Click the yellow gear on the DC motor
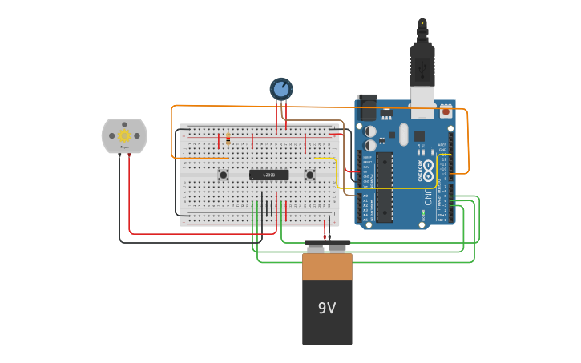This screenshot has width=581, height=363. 124,136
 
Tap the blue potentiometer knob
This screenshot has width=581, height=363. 281,88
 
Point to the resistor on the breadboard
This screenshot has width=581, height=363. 228,140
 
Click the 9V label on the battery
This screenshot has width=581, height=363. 327,308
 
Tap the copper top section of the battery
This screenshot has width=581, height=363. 327,267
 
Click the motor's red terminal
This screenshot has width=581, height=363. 129,155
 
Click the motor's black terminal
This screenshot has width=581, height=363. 120,155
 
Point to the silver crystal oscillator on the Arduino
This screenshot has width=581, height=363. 403,134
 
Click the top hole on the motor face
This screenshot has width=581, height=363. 124,123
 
